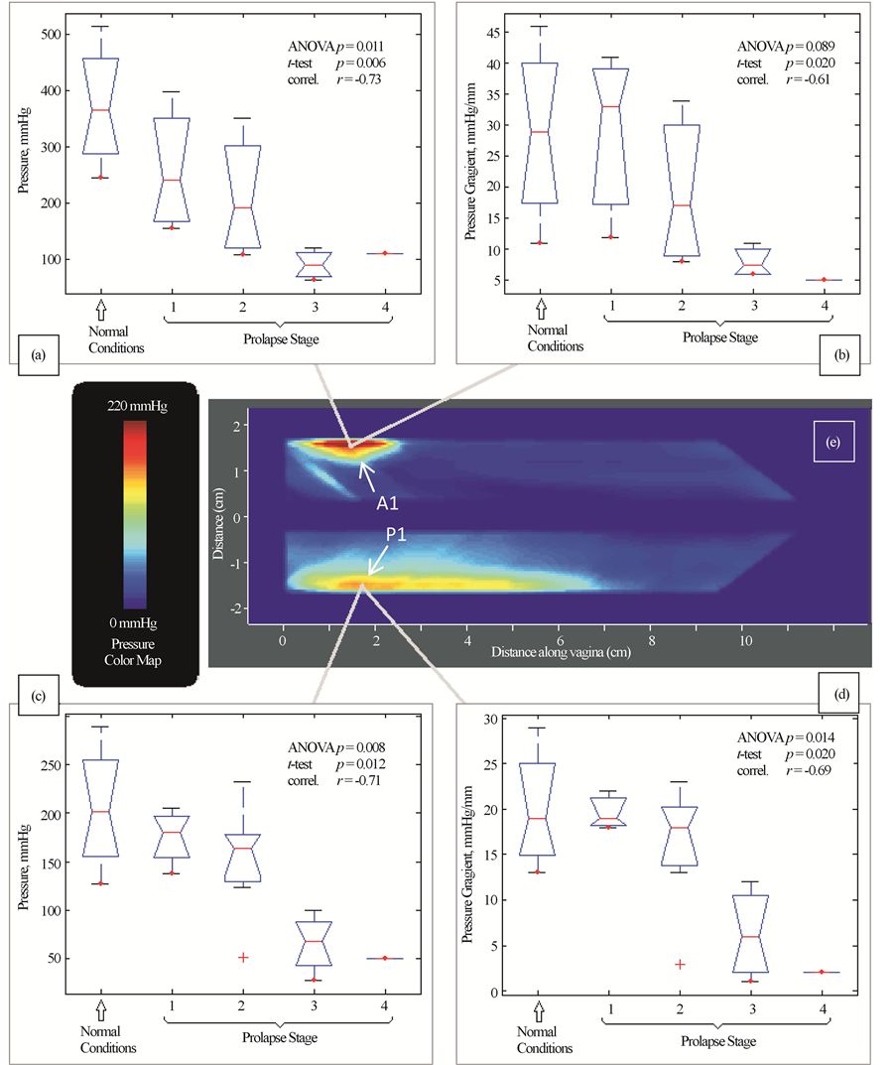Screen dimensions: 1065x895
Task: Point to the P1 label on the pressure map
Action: pyautogui.click(x=398, y=536)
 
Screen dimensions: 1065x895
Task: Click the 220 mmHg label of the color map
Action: pyautogui.click(x=136, y=406)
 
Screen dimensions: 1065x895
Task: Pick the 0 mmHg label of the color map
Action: pyautogui.click(x=136, y=622)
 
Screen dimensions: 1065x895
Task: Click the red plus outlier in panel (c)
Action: pyautogui.click(x=242, y=957)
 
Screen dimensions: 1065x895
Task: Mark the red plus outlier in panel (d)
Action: pyautogui.click(x=680, y=964)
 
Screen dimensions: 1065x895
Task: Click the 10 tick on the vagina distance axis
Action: pyautogui.click(x=745, y=642)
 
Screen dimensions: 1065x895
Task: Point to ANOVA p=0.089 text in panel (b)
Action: pyautogui.click(x=785, y=47)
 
